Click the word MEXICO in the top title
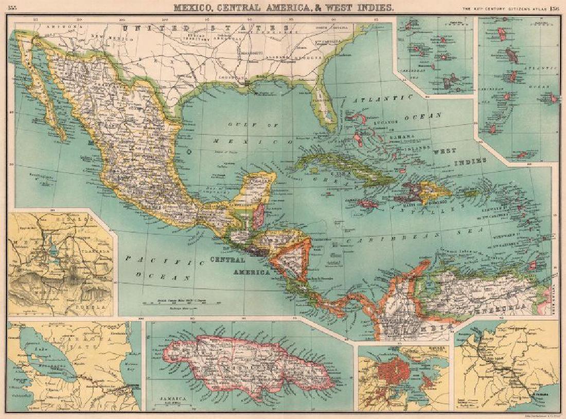pos(193,7)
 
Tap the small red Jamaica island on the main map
pos(368,204)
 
